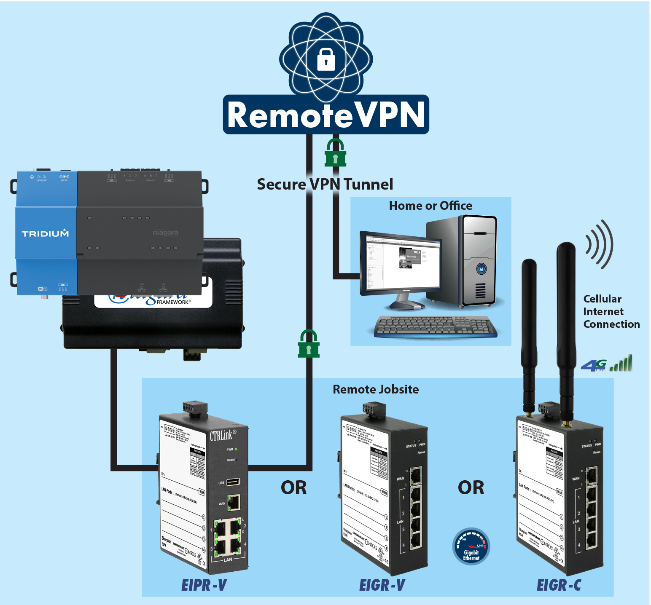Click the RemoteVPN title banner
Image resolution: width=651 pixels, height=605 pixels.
[326, 115]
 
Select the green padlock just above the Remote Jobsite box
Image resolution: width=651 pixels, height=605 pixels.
[309, 344]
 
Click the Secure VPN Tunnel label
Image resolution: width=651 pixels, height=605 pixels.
[325, 185]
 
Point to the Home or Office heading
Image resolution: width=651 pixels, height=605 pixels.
[430, 206]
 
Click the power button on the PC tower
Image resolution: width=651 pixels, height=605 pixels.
[481, 268]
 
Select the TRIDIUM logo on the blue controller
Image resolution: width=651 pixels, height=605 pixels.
[45, 233]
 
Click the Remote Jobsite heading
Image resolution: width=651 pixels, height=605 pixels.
[376, 389]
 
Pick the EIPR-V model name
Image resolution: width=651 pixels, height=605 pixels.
[204, 585]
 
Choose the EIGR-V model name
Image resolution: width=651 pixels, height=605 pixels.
[382, 585]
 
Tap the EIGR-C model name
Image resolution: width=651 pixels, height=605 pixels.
[559, 585]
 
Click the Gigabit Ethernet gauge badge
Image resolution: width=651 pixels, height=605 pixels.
[471, 546]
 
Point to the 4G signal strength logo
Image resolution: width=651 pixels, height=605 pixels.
[606, 364]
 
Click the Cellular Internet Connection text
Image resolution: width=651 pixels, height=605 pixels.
[611, 312]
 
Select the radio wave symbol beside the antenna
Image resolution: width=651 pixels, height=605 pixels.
[599, 244]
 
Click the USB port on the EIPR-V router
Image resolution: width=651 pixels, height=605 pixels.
[233, 482]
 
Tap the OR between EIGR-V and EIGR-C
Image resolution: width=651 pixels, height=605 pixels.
[471, 488]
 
